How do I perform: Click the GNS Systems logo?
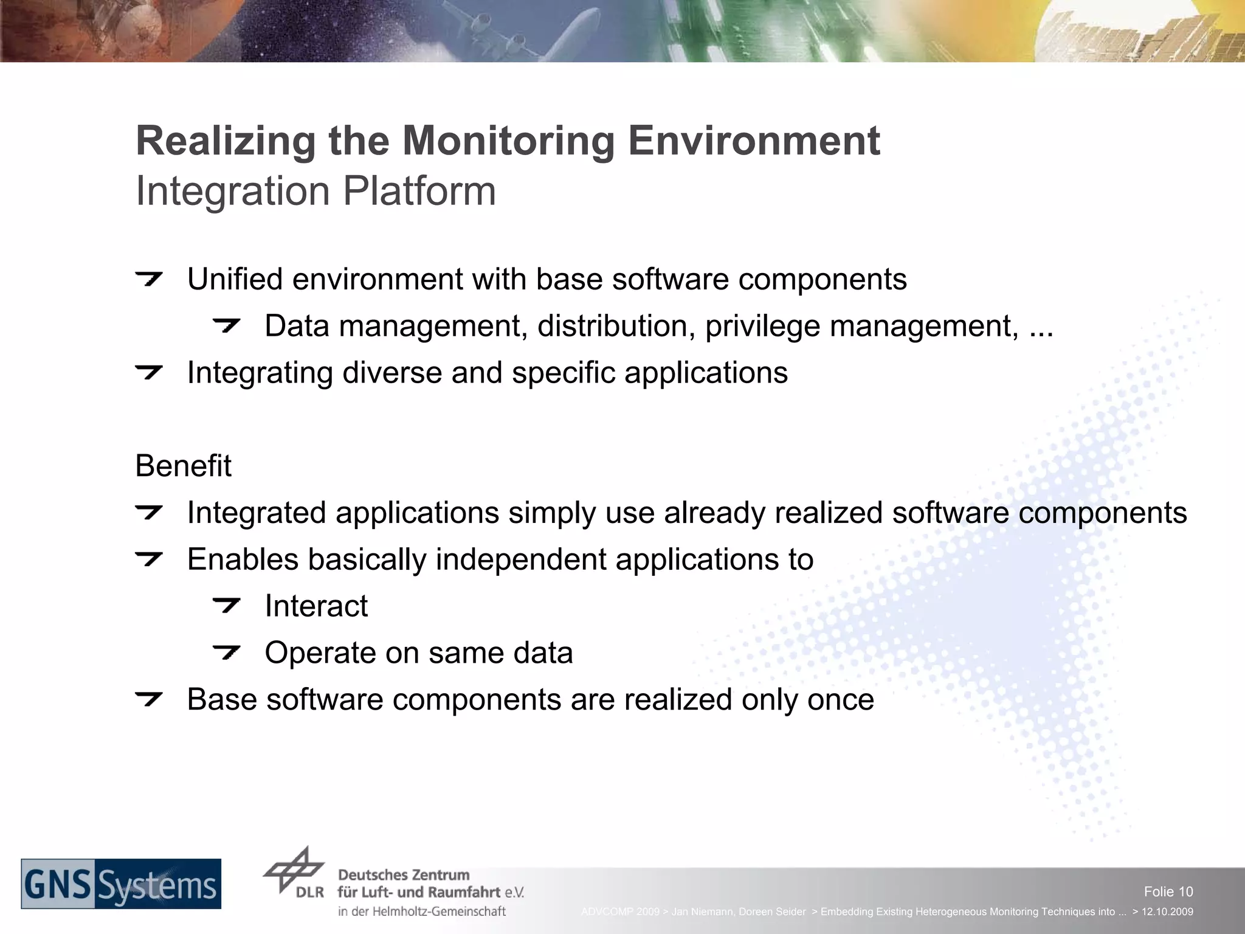point(121,884)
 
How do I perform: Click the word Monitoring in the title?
point(508,141)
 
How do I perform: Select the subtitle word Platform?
point(419,191)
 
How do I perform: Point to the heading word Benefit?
point(183,466)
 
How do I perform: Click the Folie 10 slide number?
point(1168,891)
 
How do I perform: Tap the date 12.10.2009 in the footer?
point(1167,912)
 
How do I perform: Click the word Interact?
point(316,606)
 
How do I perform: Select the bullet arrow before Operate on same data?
point(227,652)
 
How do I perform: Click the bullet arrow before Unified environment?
point(149,279)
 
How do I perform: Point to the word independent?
point(521,559)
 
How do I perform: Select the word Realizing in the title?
point(226,141)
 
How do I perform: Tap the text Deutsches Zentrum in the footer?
point(404,875)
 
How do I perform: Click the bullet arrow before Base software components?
point(149,699)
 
